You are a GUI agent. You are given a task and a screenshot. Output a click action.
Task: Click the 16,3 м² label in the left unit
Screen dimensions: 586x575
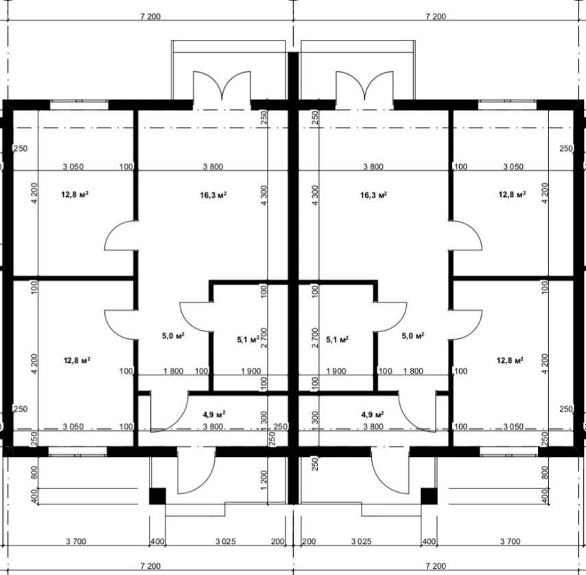pyautogui.click(x=213, y=195)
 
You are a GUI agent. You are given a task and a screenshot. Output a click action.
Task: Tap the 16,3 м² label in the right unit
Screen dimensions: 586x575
pyautogui.click(x=373, y=195)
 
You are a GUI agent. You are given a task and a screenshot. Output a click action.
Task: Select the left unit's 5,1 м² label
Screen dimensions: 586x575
pyautogui.click(x=248, y=339)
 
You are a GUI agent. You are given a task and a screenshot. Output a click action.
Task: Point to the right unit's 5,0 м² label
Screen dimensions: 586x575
pyautogui.click(x=412, y=336)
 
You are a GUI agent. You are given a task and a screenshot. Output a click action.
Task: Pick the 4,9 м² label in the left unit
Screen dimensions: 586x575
pyautogui.click(x=214, y=414)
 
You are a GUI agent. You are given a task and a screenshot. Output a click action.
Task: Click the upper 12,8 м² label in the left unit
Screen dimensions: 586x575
pyautogui.click(x=75, y=194)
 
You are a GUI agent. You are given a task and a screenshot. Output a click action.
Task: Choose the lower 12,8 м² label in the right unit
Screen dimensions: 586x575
pyautogui.click(x=510, y=360)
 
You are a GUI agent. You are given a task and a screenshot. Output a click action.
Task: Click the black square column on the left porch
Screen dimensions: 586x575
pyautogui.click(x=157, y=496)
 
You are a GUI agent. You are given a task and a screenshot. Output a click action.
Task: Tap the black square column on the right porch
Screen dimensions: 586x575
pyautogui.click(x=429, y=496)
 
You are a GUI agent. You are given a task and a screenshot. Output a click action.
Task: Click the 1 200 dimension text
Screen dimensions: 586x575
pyautogui.click(x=264, y=480)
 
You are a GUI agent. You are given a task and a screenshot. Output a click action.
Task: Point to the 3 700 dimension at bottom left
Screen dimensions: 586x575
pyautogui.click(x=76, y=541)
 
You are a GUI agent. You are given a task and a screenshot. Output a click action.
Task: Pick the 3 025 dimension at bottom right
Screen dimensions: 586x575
pyautogui.click(x=362, y=541)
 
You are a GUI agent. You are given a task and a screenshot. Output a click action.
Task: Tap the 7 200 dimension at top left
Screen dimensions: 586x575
pyautogui.click(x=150, y=16)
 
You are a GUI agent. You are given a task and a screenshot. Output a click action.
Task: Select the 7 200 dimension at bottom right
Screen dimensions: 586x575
pyautogui.click(x=436, y=566)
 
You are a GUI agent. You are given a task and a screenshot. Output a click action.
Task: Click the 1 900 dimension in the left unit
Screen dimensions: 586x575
pyautogui.click(x=250, y=371)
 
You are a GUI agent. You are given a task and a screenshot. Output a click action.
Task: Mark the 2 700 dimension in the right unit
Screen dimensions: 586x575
pyautogui.click(x=315, y=338)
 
